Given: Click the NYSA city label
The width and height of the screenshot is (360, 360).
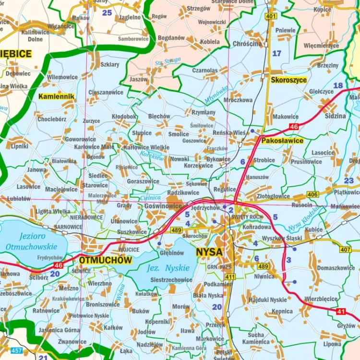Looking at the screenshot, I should (x=209, y=252).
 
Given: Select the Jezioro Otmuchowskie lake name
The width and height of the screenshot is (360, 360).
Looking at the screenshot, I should (x=32, y=241).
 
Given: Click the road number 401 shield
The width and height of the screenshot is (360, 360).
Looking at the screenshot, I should (x=271, y=16).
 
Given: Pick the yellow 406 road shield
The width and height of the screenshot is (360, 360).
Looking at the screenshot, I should (x=313, y=194).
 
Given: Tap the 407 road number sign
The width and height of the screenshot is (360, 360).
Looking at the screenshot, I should (x=345, y=249).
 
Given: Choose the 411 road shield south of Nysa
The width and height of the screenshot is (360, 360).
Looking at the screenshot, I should (x=230, y=276).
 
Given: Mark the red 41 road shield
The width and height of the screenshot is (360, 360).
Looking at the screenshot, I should (x=341, y=312).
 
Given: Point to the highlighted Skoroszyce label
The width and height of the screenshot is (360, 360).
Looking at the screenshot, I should (x=288, y=80).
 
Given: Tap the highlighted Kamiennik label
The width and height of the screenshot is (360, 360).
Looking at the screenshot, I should (x=57, y=96).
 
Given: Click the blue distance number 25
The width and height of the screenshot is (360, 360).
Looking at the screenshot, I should (x=107, y=12).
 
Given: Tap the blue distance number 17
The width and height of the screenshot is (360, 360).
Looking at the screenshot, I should (x=277, y=53).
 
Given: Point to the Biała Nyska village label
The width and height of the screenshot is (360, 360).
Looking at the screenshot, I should (x=207, y=295).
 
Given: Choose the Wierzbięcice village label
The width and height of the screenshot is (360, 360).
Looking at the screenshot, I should (x=321, y=298).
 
